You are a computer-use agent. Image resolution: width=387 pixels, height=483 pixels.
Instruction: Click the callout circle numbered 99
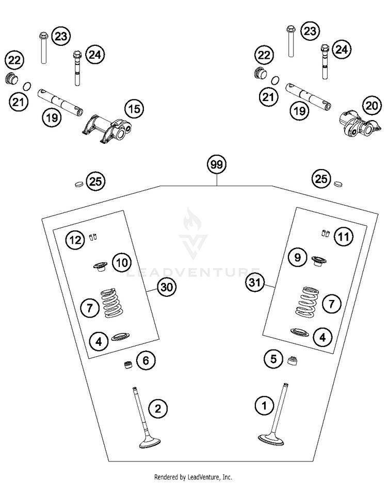coord(217,165)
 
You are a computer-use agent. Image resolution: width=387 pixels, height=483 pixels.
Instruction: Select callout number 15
coord(134,109)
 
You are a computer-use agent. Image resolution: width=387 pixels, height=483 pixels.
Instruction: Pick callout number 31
coord(254,282)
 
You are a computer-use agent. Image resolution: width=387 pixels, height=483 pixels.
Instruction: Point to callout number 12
coord(75,240)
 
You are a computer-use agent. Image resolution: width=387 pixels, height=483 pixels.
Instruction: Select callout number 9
coord(298,257)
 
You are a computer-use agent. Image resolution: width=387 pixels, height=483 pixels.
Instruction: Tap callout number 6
coord(146,360)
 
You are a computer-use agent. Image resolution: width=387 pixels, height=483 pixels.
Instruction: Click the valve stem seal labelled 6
coord(126,365)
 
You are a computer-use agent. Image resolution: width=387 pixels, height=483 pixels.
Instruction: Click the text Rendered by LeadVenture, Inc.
coord(193,477)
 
